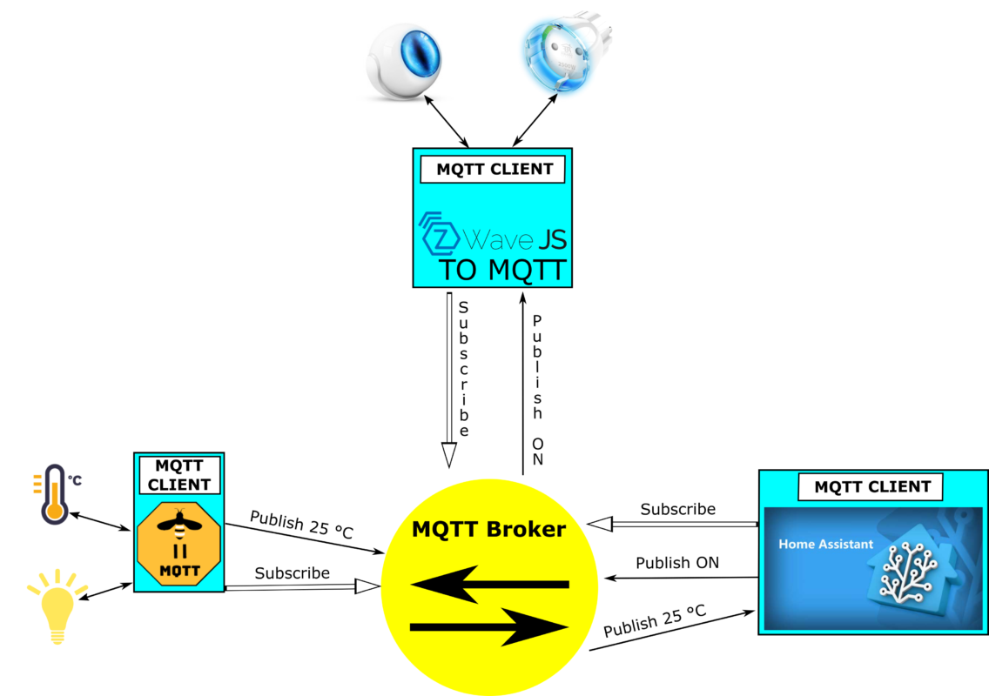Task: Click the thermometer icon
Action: pos(54,493)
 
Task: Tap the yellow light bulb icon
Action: pos(57,606)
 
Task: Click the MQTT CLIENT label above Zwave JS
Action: pos(493,170)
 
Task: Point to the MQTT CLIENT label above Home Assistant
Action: pos(871,487)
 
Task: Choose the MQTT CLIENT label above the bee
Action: pos(179,475)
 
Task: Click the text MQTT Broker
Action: pos(488,529)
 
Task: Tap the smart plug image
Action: pos(568,53)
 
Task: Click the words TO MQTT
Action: pos(503,271)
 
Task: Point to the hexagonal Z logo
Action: pos(439,232)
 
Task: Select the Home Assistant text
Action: pos(825,545)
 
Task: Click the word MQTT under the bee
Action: pos(179,572)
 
